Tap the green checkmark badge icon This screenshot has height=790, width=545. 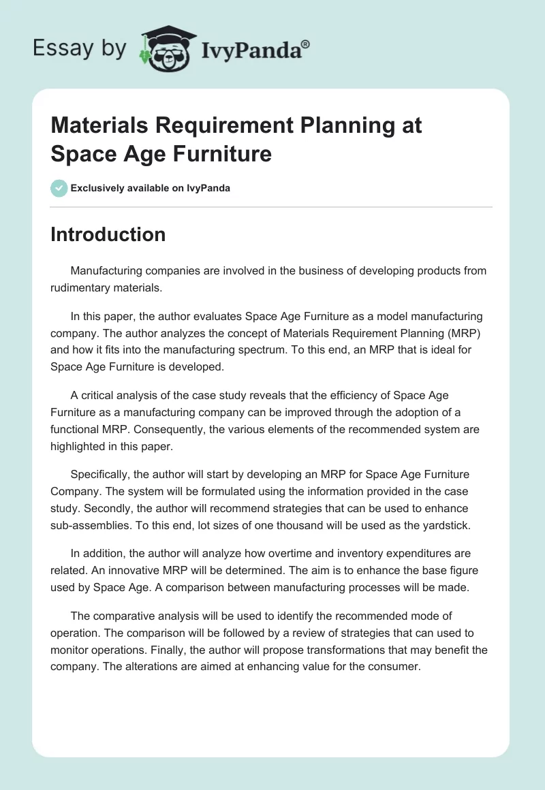(59, 188)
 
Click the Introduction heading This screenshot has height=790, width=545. (108, 234)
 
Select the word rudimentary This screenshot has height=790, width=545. (82, 287)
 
